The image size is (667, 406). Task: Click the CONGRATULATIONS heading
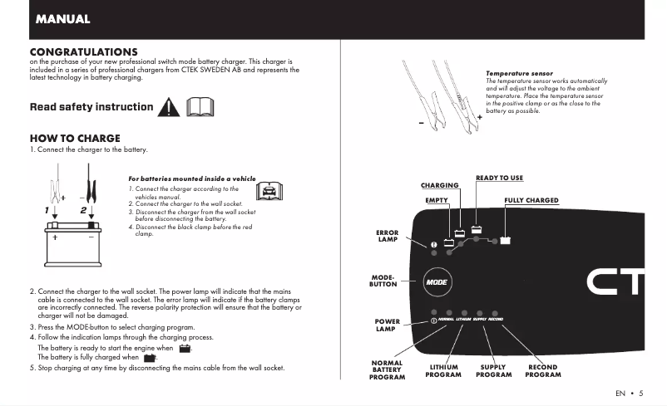(x=83, y=51)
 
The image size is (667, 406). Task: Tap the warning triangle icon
(x=170, y=107)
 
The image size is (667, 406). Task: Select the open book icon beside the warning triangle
(x=200, y=107)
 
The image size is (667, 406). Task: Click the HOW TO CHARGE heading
(x=75, y=138)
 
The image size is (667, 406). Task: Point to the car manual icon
(x=268, y=192)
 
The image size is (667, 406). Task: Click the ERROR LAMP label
(x=388, y=237)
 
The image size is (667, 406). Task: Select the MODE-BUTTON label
(x=383, y=281)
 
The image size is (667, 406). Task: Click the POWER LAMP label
(x=387, y=325)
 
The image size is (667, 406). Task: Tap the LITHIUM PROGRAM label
(x=443, y=371)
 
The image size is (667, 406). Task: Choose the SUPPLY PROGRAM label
(x=493, y=371)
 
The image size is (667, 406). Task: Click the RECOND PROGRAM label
(x=543, y=371)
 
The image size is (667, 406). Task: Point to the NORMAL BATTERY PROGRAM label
(x=387, y=370)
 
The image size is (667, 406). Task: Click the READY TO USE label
(x=499, y=179)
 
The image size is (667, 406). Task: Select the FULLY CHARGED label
(x=531, y=200)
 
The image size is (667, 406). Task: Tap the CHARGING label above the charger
(x=439, y=185)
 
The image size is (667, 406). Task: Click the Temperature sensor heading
(x=519, y=74)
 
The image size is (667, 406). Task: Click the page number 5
(x=641, y=393)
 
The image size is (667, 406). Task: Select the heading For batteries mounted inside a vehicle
(x=192, y=179)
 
